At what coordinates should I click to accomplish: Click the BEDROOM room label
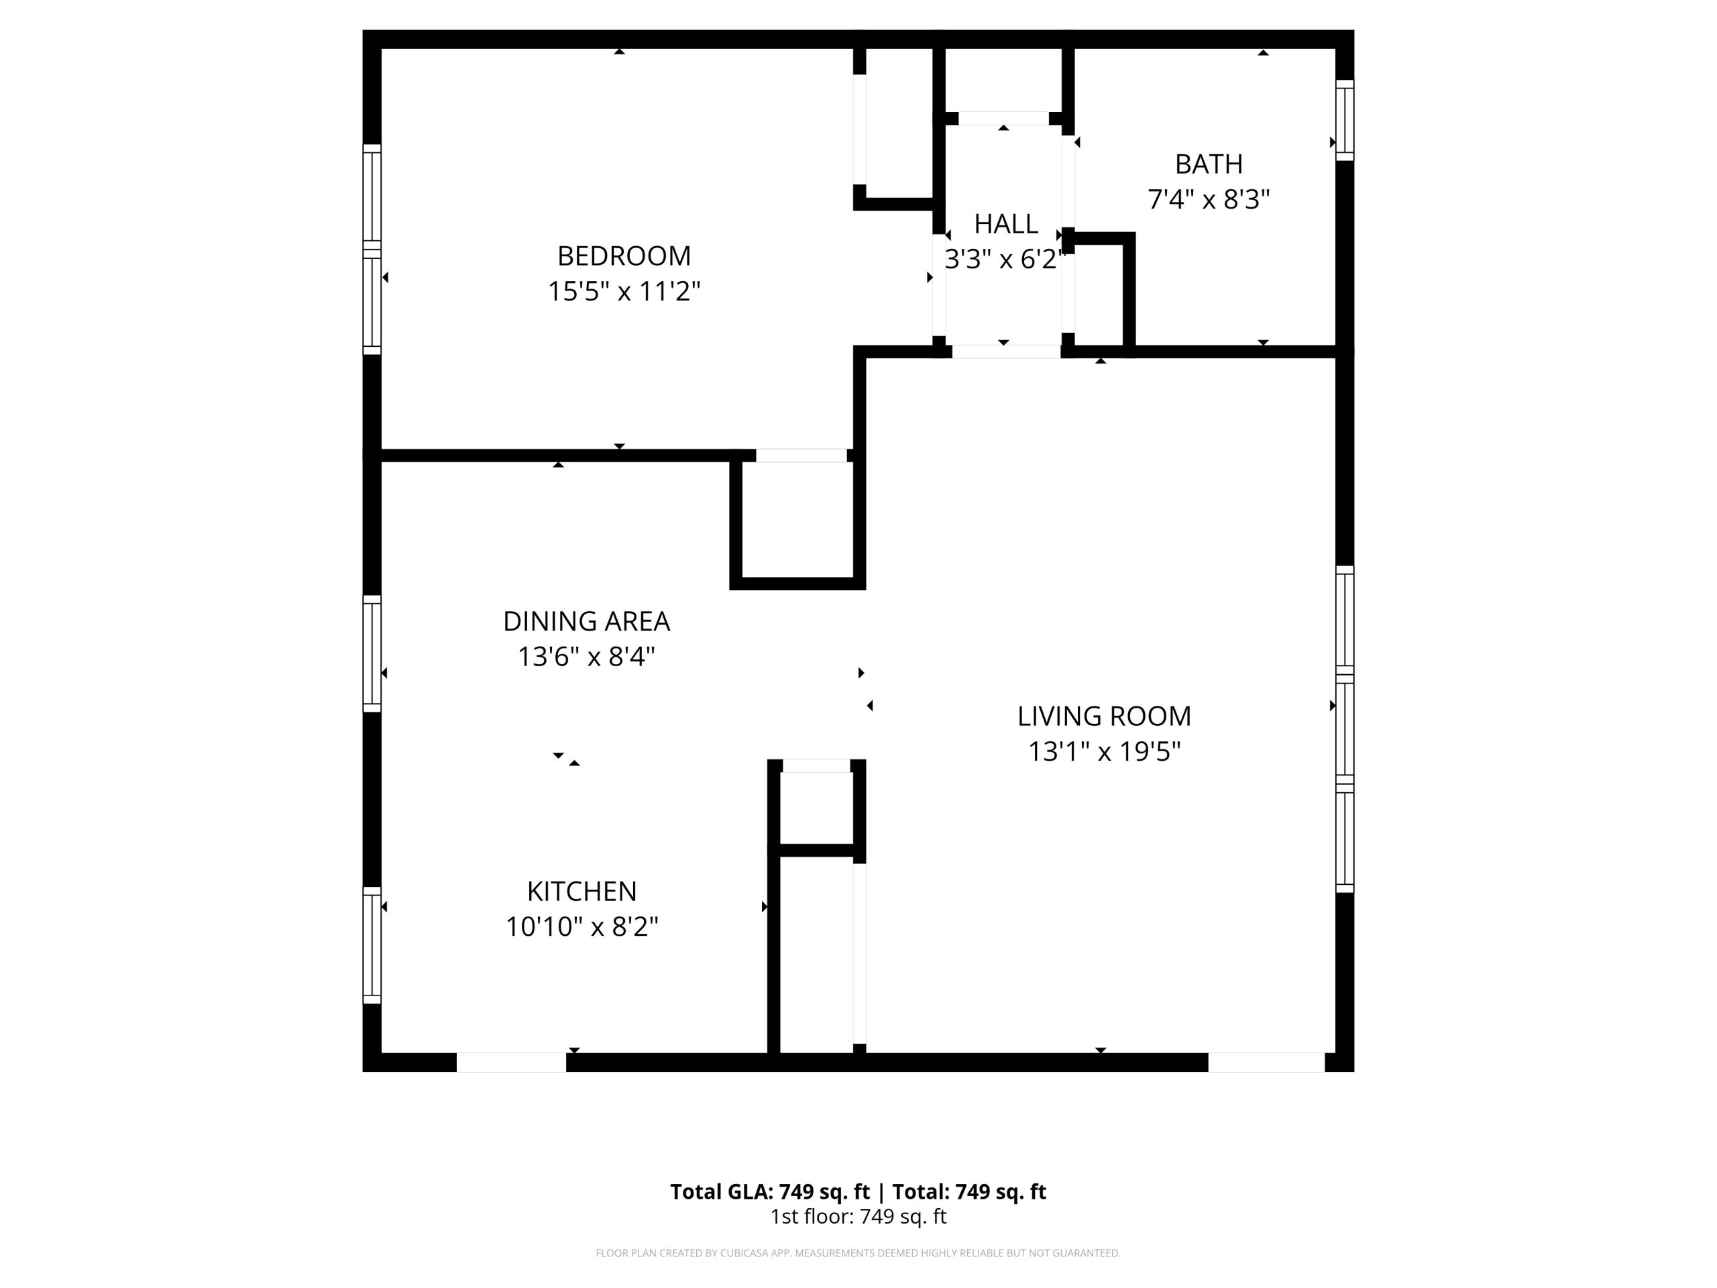pos(623,256)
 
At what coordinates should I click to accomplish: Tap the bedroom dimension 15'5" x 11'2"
pos(623,291)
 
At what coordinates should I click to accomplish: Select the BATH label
pos(1209,164)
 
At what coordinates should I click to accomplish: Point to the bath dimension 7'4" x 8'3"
pos(1209,199)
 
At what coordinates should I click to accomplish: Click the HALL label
pos(1005,223)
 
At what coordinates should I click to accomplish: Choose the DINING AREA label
pos(586,621)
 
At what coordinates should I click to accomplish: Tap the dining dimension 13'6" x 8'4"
pos(586,657)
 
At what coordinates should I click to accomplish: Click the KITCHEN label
pos(581,892)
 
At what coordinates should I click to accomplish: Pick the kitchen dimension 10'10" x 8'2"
pos(581,926)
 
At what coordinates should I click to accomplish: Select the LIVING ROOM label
pos(1104,716)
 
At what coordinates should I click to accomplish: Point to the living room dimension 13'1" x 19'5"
pos(1104,751)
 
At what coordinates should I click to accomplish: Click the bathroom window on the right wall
pos(1344,120)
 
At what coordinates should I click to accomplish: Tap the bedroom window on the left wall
pos(372,250)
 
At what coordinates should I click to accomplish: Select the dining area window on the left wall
pos(372,653)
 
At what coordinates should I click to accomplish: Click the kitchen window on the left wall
pos(372,945)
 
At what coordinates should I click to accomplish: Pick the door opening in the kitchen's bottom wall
pos(511,1062)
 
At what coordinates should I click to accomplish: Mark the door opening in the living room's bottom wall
pos(1266,1062)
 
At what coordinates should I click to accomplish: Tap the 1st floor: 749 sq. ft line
pos(858,1217)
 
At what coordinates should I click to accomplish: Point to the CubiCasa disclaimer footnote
pos(858,1253)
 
